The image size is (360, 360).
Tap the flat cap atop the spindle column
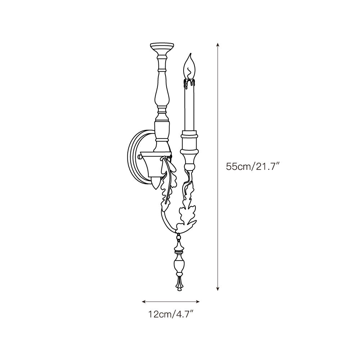(x=162, y=44)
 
